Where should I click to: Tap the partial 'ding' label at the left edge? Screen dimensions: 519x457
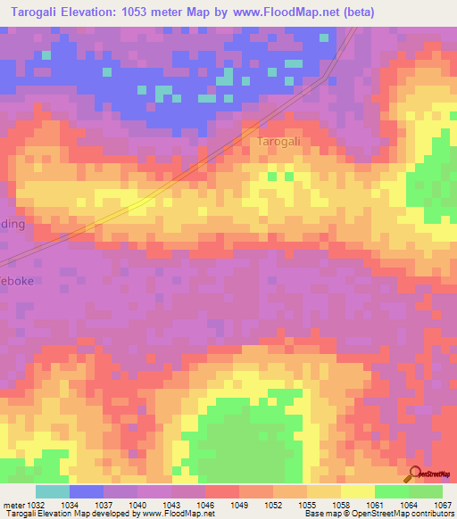pyautogui.click(x=12, y=225)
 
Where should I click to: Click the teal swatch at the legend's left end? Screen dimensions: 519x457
pyautogui.click(x=53, y=491)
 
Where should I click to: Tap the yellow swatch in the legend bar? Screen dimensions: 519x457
pyautogui.click(x=357, y=491)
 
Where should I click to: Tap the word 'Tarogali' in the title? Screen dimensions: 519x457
pyautogui.click(x=36, y=12)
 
